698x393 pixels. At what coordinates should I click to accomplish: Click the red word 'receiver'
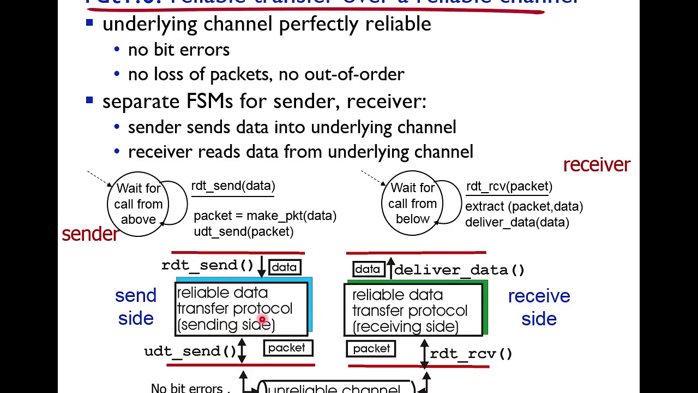coord(596,165)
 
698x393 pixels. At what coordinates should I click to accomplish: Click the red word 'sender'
coord(90,234)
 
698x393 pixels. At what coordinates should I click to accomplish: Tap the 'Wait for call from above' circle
coord(139,204)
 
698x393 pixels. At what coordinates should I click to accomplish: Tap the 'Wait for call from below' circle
coord(412,203)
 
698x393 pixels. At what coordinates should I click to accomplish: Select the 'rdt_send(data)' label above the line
coord(233,186)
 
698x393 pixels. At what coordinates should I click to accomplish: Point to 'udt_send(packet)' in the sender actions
coord(243,231)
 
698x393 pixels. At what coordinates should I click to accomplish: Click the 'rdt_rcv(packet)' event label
coord(509,186)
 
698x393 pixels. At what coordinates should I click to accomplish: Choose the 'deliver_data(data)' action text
coord(516,222)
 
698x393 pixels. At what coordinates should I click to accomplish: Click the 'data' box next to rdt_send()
coord(284,267)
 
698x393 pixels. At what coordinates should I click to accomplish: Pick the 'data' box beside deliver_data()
coord(367,269)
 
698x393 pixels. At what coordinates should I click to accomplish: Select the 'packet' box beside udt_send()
coord(287,348)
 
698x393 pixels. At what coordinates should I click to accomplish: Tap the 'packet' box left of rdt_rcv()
coord(371,349)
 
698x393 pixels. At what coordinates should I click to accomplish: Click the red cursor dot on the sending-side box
coord(262,320)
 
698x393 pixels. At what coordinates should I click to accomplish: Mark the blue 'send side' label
coord(136,307)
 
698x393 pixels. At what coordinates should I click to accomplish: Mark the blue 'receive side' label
coord(539,307)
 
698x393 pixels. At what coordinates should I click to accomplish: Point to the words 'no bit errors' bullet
coord(178,50)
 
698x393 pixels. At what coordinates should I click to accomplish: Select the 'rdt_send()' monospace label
coord(207,265)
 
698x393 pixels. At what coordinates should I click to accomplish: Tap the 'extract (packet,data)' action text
coord(523,206)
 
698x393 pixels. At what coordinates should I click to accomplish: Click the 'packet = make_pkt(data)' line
coord(264,216)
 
